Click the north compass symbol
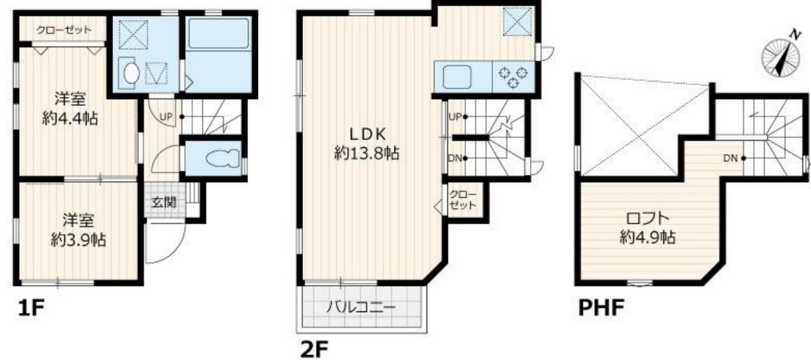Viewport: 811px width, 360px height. click(x=781, y=57)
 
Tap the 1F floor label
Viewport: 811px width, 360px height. click(x=31, y=308)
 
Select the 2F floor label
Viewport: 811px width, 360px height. click(x=314, y=349)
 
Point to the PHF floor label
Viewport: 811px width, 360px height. click(x=602, y=308)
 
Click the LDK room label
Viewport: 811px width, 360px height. click(x=368, y=134)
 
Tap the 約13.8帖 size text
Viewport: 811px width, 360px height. click(x=366, y=154)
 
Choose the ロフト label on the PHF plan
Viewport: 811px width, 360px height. click(x=648, y=218)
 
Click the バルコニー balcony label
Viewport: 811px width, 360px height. click(x=361, y=308)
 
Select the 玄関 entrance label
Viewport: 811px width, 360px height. click(x=164, y=202)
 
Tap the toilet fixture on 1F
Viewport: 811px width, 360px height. click(x=222, y=158)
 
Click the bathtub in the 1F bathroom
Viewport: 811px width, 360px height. click(x=218, y=33)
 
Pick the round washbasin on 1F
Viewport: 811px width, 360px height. click(x=131, y=74)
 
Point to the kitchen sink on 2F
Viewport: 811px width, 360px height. click(x=457, y=76)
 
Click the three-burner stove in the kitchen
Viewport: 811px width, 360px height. click(x=513, y=77)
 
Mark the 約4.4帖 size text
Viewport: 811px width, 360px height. click(x=70, y=118)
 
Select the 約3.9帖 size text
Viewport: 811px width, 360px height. click(x=78, y=240)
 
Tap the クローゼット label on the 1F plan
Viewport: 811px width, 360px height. click(x=64, y=30)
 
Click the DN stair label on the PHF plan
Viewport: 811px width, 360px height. click(x=730, y=158)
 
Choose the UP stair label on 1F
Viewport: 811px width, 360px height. click(x=166, y=117)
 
